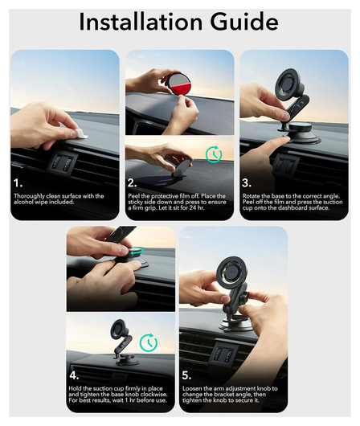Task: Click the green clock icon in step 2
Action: coord(213,154)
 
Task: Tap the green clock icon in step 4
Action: coord(148,342)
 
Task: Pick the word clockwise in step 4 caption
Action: coord(151,395)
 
